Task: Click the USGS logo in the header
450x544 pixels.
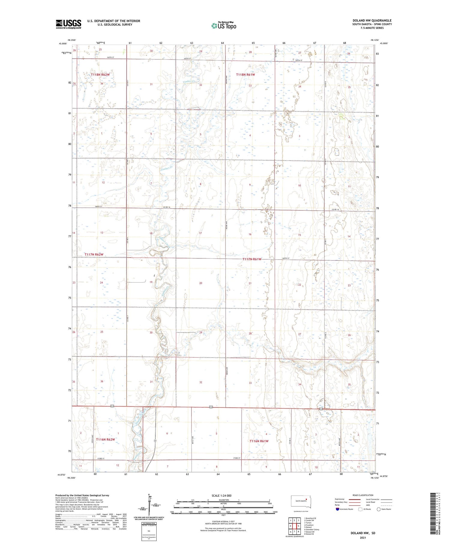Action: tap(68, 24)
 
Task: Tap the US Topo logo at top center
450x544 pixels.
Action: tap(223, 26)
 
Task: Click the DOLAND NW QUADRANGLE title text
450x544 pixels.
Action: tap(372, 20)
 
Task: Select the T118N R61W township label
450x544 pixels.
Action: tap(245, 74)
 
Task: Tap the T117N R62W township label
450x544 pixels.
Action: tap(94, 254)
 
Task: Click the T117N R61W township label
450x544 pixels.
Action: tap(252, 259)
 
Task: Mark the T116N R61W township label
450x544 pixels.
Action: tap(259, 441)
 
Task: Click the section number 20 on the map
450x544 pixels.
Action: tap(201, 283)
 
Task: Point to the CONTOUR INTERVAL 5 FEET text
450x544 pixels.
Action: tap(223, 522)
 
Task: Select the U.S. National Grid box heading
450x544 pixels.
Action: tap(149, 523)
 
